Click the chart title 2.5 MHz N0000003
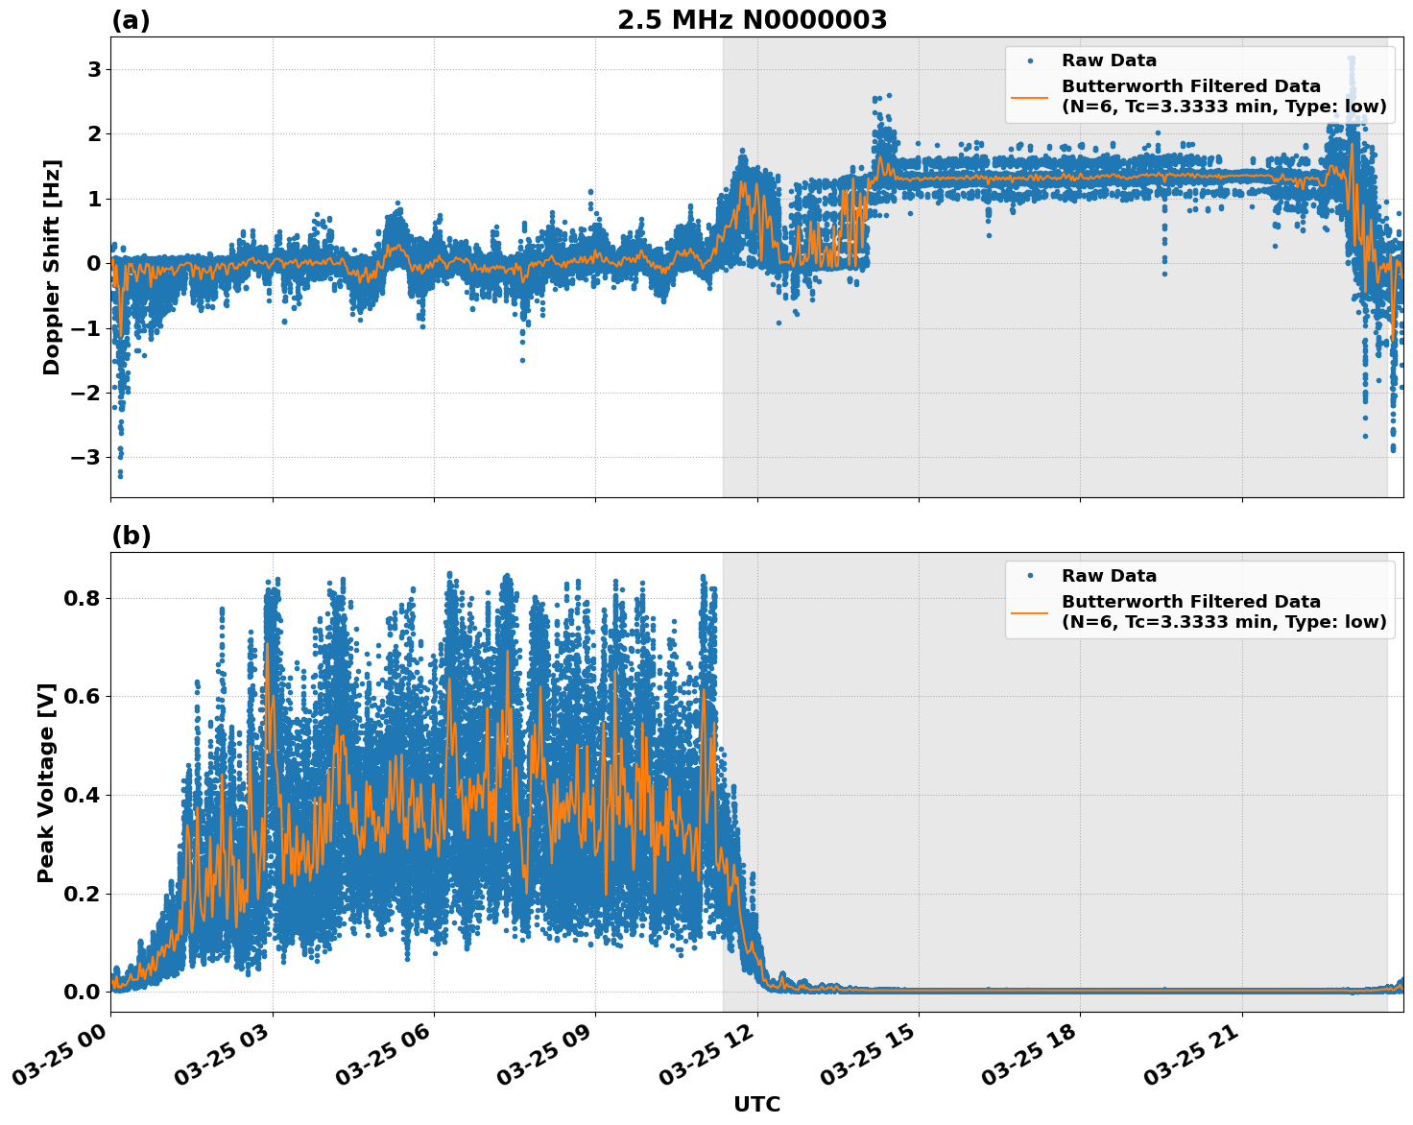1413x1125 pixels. click(x=752, y=20)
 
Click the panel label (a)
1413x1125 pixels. click(x=131, y=20)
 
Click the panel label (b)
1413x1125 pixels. click(x=131, y=536)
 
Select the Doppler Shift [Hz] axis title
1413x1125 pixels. click(x=52, y=267)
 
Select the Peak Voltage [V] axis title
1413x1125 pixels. click(x=46, y=782)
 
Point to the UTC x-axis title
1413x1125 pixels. click(x=756, y=1104)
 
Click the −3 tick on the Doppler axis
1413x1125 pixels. click(x=85, y=457)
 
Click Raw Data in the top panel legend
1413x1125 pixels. click(x=1109, y=60)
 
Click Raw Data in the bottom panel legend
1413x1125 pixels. click(x=1109, y=576)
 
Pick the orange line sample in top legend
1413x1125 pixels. click(x=1029, y=97)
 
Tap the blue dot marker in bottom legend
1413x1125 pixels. click(x=1029, y=576)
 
